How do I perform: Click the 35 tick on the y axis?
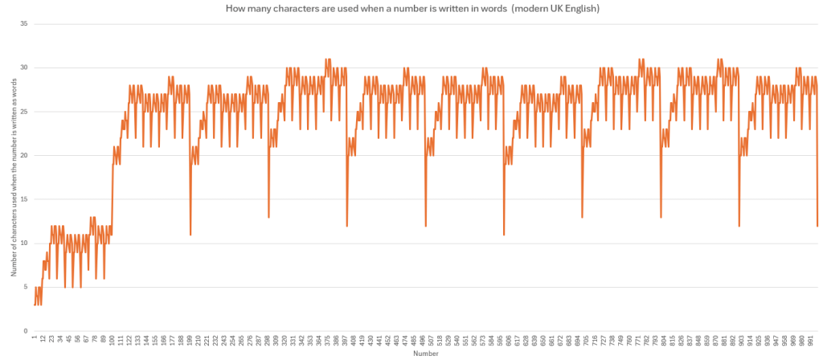click(x=24, y=23)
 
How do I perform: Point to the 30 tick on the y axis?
click(x=24, y=67)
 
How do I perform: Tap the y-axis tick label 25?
click(x=24, y=111)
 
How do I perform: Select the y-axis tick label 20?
click(x=24, y=155)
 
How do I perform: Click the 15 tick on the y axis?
click(x=24, y=199)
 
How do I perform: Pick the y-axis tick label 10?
click(x=24, y=243)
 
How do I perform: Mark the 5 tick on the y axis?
click(x=26, y=287)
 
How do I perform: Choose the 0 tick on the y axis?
click(x=26, y=330)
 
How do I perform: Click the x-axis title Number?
click(x=425, y=352)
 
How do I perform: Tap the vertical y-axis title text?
click(x=14, y=177)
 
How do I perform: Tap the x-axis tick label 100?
click(x=112, y=341)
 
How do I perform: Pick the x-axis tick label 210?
click(x=198, y=341)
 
